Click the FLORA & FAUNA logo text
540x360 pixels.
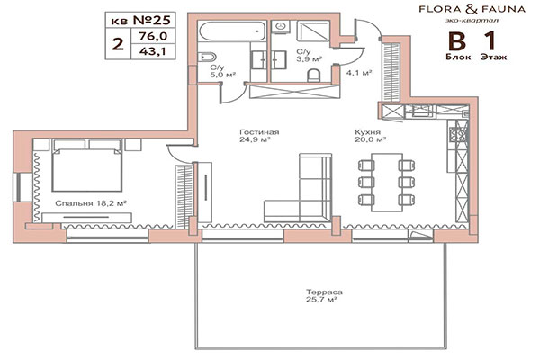(460, 13)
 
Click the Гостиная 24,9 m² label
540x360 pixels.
(259, 135)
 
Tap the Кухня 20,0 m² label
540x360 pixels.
(370, 135)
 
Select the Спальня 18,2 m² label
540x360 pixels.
(89, 204)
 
